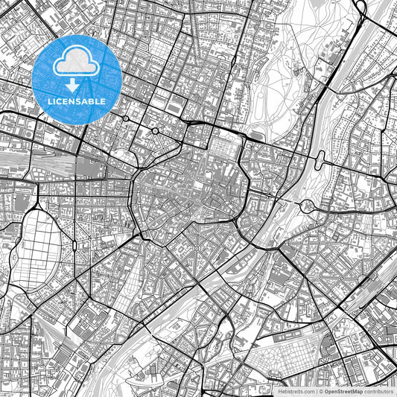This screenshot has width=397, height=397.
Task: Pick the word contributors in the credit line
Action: coord(378,390)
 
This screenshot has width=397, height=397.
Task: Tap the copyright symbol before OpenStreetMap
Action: coord(321,390)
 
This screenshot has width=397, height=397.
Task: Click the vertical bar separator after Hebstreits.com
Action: coord(316,390)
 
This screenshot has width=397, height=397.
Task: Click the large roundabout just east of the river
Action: coord(306,205)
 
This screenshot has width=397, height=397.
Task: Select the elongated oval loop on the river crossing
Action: coord(321,158)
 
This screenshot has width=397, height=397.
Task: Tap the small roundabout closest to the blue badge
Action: coord(125,118)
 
